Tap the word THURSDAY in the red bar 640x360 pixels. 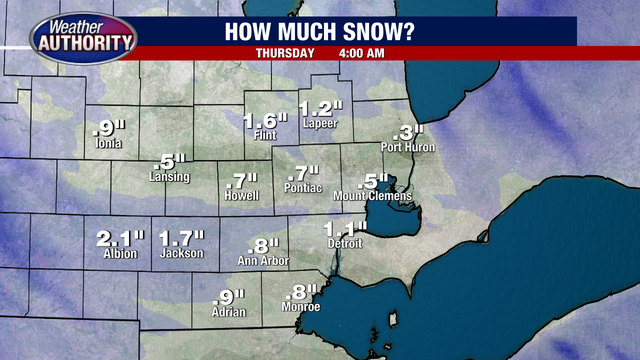(x=285, y=53)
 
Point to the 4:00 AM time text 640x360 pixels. (x=363, y=53)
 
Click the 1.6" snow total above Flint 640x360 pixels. (x=266, y=121)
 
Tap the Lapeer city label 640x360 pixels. (x=320, y=124)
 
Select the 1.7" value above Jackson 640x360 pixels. (x=182, y=238)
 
